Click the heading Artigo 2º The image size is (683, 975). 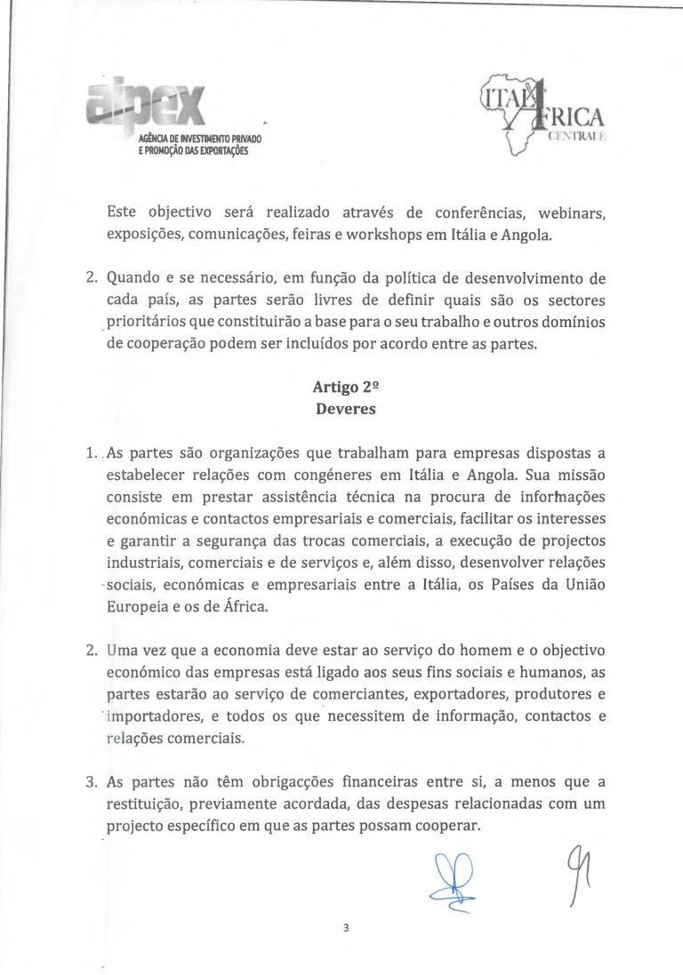(x=341, y=388)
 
